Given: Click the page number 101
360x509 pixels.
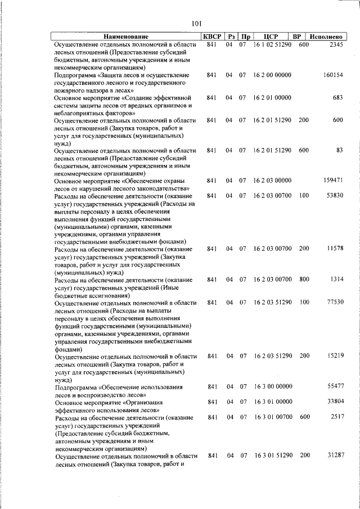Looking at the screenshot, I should [196, 23].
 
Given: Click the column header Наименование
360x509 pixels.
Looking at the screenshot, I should [127, 36].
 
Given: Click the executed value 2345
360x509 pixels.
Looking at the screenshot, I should [336, 44].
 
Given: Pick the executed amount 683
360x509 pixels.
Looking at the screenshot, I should [337, 98].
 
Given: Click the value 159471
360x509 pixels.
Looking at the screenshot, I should [333, 181].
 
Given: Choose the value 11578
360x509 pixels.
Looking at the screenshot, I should [335, 249].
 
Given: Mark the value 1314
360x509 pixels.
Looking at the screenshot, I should [336, 280].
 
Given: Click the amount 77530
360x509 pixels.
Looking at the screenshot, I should [335, 303].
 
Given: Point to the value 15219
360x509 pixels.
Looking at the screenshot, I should [335, 356].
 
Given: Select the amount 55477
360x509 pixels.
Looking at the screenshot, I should [335, 387].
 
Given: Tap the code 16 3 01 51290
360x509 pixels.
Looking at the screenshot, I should [272, 456].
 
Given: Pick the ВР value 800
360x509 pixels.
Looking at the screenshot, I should [304, 280].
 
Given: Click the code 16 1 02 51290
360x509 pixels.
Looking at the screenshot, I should [272, 44].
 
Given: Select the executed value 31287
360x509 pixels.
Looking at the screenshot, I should [335, 456].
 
